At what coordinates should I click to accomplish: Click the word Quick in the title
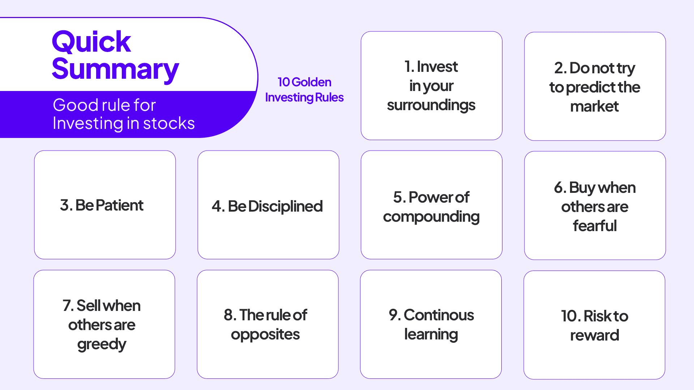(x=91, y=42)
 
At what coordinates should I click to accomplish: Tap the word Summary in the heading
(x=115, y=69)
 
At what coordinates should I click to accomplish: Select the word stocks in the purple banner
(x=169, y=123)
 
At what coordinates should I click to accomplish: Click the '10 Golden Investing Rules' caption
(x=304, y=90)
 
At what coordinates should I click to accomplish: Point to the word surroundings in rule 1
(x=431, y=105)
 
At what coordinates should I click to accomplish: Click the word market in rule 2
(x=594, y=107)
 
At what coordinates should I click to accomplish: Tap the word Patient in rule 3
(x=120, y=205)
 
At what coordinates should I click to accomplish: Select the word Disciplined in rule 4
(x=285, y=207)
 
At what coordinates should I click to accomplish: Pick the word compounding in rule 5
(x=431, y=217)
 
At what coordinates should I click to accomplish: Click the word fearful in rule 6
(x=595, y=226)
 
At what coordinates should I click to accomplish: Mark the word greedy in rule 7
(x=102, y=344)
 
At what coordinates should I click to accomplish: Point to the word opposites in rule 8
(x=265, y=335)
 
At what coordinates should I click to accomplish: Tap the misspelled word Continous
(x=438, y=315)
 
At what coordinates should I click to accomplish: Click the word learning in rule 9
(x=431, y=335)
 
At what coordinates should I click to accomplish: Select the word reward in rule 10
(x=595, y=335)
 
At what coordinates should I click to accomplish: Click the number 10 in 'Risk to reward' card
(x=569, y=316)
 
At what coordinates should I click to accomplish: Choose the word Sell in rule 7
(x=89, y=306)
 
